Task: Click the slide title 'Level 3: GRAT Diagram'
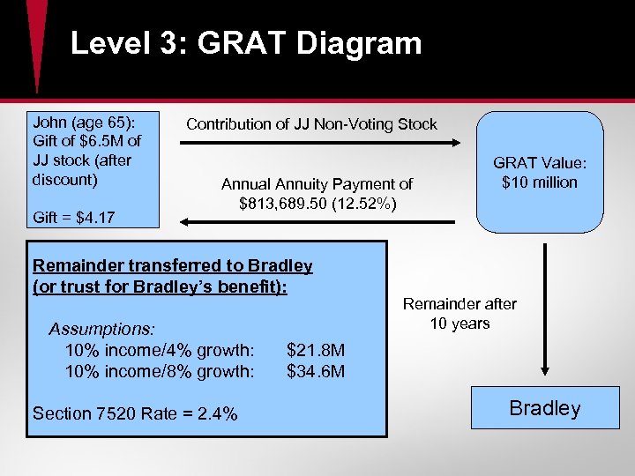pyautogui.click(x=246, y=43)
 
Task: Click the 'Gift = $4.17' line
pyautogui.click(x=73, y=215)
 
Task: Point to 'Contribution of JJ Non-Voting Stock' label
pyautogui.click(x=311, y=124)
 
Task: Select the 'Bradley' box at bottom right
pyautogui.click(x=544, y=408)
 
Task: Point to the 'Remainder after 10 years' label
pyautogui.click(x=459, y=314)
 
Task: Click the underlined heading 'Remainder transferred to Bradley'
pyautogui.click(x=172, y=265)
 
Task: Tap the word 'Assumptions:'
pyautogui.click(x=102, y=329)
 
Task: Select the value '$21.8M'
pyautogui.click(x=316, y=350)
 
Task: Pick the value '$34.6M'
pyautogui.click(x=316, y=371)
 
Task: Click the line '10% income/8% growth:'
pyautogui.click(x=160, y=371)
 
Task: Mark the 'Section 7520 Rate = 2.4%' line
pyautogui.click(x=134, y=413)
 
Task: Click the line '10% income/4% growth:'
pyautogui.click(x=160, y=350)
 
